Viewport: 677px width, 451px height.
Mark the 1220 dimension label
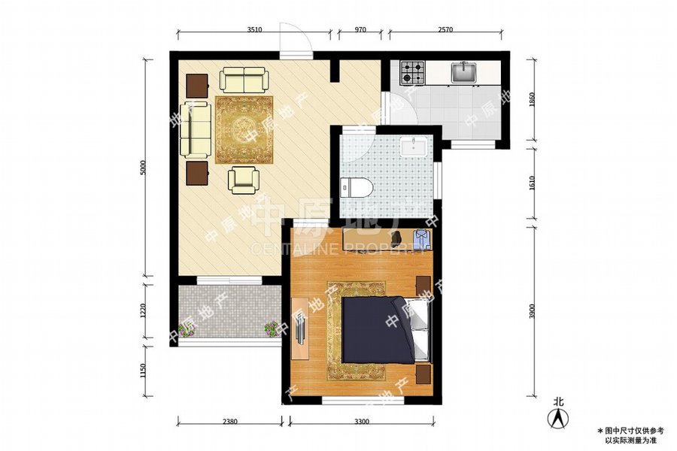143,309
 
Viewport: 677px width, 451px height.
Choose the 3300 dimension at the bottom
362,422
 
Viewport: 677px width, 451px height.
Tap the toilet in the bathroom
353,186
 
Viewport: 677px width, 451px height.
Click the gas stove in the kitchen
412,72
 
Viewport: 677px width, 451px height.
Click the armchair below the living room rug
244,178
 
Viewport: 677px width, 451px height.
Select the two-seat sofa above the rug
243,78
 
